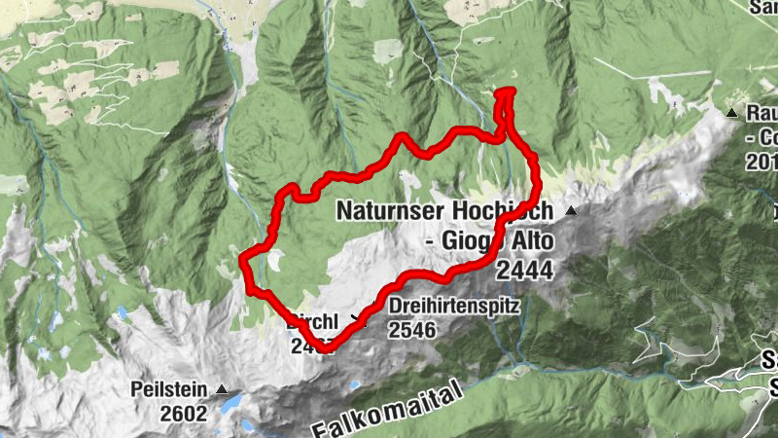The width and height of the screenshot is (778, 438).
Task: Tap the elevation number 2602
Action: point(185,413)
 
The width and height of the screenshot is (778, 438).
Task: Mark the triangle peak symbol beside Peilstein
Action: point(223,390)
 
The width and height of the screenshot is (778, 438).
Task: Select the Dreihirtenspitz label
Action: point(454,306)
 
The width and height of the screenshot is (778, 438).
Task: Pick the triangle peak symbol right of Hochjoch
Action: point(572,210)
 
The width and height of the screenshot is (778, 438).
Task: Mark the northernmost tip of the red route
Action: point(507,91)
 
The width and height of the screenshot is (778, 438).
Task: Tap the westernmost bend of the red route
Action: point(243,259)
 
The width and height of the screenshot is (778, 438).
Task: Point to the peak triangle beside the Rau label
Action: point(731,114)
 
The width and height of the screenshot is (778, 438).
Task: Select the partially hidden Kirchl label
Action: point(314,319)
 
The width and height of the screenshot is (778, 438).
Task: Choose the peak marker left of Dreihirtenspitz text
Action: point(367,316)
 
